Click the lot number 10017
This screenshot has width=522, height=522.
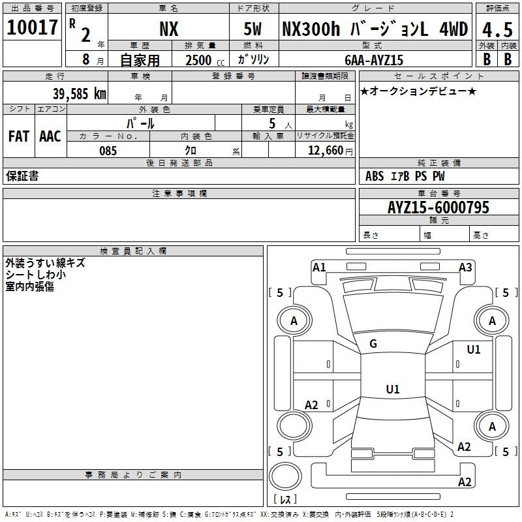point(32,27)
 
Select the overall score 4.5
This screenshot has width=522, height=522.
point(498,30)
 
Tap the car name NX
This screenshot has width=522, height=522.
point(169,29)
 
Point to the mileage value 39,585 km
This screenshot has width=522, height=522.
point(80,94)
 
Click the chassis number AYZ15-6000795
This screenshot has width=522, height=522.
point(438,207)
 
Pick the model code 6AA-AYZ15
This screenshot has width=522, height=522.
point(374,60)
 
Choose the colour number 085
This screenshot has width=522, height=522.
point(108,151)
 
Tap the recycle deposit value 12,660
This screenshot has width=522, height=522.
point(326,151)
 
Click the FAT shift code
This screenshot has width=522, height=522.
point(19,136)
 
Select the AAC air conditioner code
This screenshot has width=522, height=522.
point(50,136)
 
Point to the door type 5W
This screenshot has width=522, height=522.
point(253,29)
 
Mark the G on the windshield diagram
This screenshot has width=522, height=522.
point(373,344)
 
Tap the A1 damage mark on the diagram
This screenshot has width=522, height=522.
point(319,268)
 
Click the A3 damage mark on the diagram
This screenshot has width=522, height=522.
point(465,268)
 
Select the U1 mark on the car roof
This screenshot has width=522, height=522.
point(393,389)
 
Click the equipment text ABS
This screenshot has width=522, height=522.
point(375,176)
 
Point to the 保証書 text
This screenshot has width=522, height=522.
point(22,176)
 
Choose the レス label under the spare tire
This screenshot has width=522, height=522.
point(285,499)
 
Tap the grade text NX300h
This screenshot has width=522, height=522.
point(311,29)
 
